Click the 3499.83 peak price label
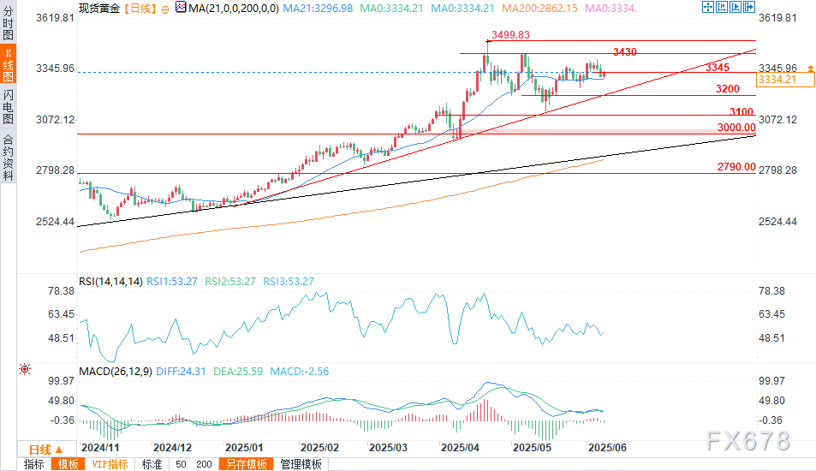tap(510, 35)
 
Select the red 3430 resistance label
tap(624, 52)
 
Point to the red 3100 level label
tap(742, 112)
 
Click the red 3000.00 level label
tap(736, 127)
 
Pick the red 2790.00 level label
tap(736, 167)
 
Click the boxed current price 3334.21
tap(777, 80)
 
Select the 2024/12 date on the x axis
tap(171, 447)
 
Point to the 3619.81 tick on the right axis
tap(778, 18)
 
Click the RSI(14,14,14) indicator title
tap(110, 281)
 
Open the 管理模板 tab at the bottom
tap(301, 464)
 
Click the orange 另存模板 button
tap(247, 464)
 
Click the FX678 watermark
tap(748, 441)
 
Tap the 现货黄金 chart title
tap(99, 9)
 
